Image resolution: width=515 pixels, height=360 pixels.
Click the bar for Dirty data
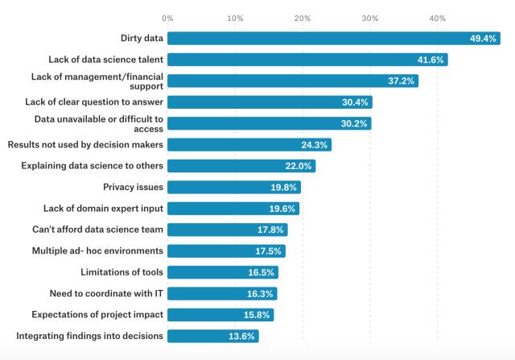(334, 39)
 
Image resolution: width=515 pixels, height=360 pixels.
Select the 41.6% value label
(431, 60)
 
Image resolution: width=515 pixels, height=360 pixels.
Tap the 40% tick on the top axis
(437, 17)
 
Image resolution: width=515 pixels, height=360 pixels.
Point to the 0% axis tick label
(167, 17)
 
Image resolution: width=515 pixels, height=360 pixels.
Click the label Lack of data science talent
(106, 60)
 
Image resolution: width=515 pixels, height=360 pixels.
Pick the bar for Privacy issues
(234, 187)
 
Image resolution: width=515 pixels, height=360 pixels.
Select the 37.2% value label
(401, 81)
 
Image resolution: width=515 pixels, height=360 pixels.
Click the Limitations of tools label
(122, 271)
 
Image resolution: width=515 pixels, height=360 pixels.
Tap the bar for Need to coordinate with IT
(222, 293)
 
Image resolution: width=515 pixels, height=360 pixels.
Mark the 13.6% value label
(243, 336)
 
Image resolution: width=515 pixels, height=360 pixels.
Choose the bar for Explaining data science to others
(241, 166)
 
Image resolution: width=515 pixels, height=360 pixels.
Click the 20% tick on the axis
(303, 17)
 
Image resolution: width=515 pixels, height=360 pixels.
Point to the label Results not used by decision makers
(85, 144)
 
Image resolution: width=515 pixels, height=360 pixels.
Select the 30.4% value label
(355, 102)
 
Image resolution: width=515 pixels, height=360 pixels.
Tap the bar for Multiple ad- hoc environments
(226, 250)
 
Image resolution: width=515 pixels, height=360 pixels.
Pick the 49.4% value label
(484, 39)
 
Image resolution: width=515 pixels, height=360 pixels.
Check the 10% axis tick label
(235, 17)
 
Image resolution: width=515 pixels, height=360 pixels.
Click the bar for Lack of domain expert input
(233, 209)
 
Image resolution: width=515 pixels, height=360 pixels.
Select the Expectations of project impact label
(97, 314)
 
